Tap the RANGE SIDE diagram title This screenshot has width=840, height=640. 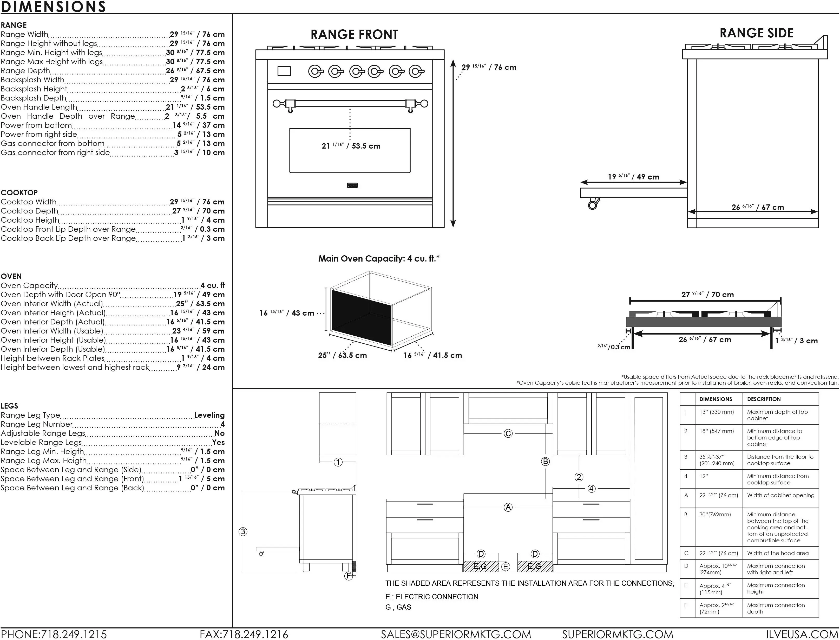tap(757, 33)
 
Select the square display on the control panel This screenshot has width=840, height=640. tap(284, 71)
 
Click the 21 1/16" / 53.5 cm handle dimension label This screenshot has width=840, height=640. tap(351, 146)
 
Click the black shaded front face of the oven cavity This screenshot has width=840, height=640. tap(361, 317)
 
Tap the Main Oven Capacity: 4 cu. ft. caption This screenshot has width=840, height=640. tap(379, 259)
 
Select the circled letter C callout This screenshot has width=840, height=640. tap(508, 434)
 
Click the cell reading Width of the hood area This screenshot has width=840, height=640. tap(778, 553)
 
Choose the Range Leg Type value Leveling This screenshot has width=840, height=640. tap(209, 415)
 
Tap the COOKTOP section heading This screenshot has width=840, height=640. tap(19, 193)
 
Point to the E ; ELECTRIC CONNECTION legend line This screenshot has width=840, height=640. tap(432, 597)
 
